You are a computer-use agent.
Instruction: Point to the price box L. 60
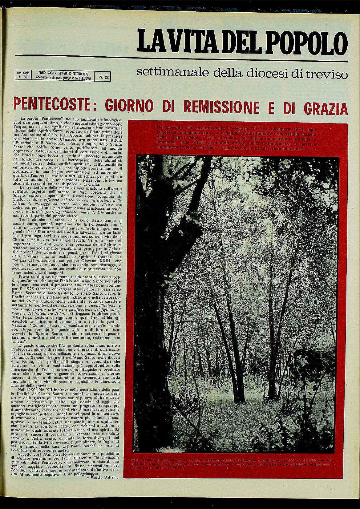pos(23,75)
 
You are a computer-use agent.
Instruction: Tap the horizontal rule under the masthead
pos(182,58)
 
